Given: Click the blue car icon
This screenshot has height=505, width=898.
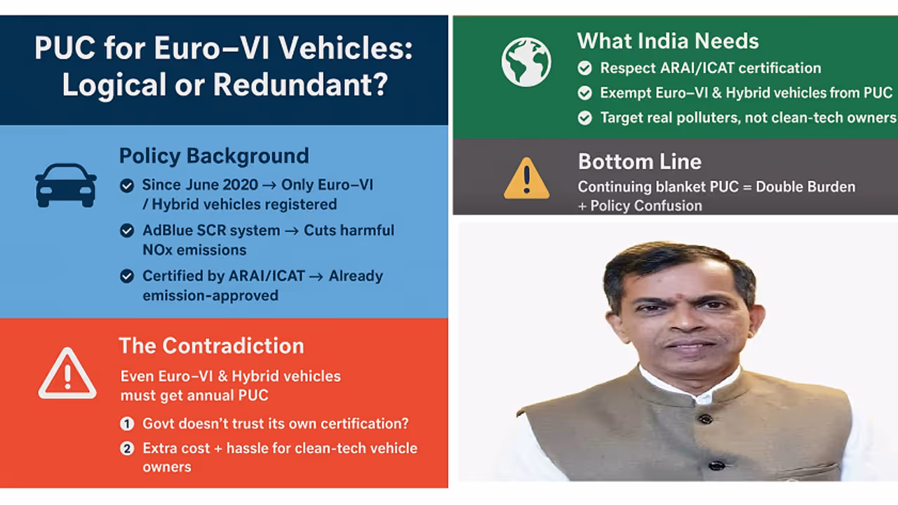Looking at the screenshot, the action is pyautogui.click(x=66, y=186).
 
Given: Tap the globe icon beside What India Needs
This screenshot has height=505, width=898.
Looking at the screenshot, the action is pyautogui.click(x=526, y=62).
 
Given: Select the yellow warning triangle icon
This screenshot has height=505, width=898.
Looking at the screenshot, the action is pyautogui.click(x=526, y=178).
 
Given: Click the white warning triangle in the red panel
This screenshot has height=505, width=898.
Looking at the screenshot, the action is pyautogui.click(x=67, y=374).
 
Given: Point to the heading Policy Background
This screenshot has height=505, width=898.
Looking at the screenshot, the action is pyautogui.click(x=214, y=156).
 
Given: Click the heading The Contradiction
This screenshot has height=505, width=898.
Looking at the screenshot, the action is pyautogui.click(x=211, y=346).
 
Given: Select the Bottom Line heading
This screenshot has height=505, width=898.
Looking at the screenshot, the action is pyautogui.click(x=640, y=161).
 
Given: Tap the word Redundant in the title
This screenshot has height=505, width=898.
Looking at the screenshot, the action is pyautogui.click(x=300, y=85).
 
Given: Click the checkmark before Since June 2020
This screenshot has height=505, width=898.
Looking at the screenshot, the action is pyautogui.click(x=127, y=186).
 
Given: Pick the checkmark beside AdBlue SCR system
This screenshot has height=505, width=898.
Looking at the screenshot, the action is pyautogui.click(x=127, y=231).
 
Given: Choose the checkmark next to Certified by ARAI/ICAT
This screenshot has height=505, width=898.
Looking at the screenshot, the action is pyautogui.click(x=127, y=276).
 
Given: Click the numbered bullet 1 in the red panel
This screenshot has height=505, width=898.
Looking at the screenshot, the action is pyautogui.click(x=127, y=424).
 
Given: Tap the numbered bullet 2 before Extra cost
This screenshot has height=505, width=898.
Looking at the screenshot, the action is pyautogui.click(x=127, y=448).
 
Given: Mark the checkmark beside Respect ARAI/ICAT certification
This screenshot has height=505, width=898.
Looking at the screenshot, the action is pyautogui.click(x=585, y=68).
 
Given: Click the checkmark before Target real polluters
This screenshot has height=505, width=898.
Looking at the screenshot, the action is pyautogui.click(x=585, y=118).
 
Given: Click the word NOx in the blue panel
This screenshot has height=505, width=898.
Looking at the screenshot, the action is pyautogui.click(x=158, y=250).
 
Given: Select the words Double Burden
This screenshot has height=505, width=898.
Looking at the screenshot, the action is pyautogui.click(x=805, y=187).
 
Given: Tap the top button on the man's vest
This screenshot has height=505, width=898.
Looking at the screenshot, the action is pyautogui.click(x=705, y=419).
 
